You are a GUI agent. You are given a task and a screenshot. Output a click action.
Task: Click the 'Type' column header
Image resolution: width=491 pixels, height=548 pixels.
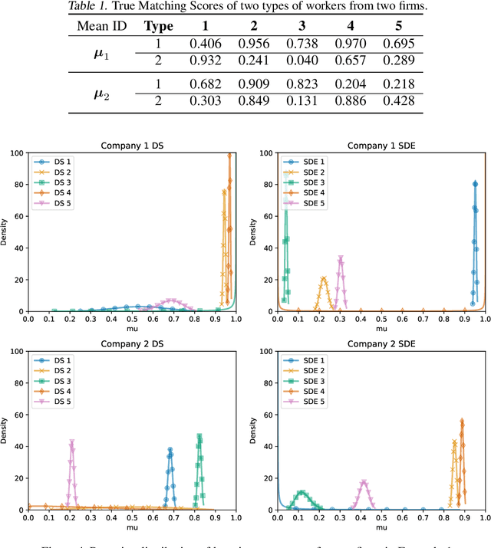157,25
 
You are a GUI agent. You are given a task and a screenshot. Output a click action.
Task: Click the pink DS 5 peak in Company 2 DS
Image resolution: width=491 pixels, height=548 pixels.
71,441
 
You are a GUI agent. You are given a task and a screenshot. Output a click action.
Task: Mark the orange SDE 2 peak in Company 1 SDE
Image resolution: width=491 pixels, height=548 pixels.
324,279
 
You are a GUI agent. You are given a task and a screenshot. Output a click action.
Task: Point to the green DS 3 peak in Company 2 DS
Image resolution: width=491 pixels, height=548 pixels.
199,436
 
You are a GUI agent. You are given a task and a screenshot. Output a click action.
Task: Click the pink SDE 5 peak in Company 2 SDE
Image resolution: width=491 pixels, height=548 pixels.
363,482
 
